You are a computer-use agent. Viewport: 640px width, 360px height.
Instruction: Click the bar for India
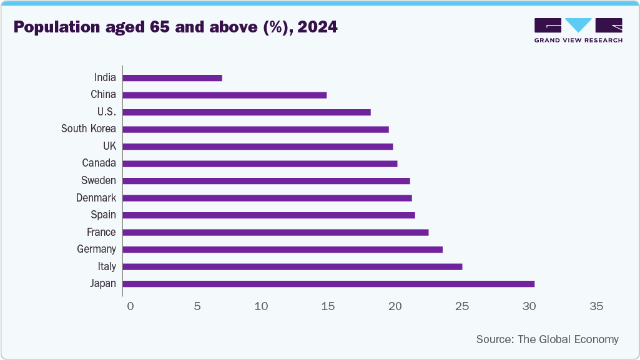tap(172, 78)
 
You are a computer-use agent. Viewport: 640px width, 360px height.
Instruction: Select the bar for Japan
tap(328, 284)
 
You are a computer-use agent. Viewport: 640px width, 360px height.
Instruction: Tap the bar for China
tap(225, 95)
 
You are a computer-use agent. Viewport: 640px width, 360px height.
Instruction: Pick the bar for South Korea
tap(256, 129)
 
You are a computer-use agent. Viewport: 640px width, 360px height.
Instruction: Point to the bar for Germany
tap(283, 250)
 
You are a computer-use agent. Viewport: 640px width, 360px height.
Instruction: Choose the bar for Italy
tap(292, 266)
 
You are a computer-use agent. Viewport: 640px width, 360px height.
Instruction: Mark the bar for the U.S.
tap(247, 112)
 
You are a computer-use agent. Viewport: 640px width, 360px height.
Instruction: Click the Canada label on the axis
tap(99, 163)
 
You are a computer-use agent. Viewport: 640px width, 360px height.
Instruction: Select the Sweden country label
tap(98, 181)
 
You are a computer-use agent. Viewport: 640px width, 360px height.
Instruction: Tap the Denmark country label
tap(96, 198)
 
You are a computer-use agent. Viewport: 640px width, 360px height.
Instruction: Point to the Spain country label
tap(103, 215)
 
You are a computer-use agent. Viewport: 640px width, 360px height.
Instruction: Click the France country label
tap(101, 232)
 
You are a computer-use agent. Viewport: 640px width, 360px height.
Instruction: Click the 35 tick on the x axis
tap(596, 306)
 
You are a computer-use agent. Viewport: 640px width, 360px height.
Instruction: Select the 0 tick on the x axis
tap(130, 306)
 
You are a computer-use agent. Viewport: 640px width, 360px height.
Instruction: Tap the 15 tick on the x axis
tap(328, 306)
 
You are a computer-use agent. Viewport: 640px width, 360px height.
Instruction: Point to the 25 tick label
tap(462, 306)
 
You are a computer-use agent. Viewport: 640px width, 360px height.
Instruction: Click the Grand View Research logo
tap(578, 30)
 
